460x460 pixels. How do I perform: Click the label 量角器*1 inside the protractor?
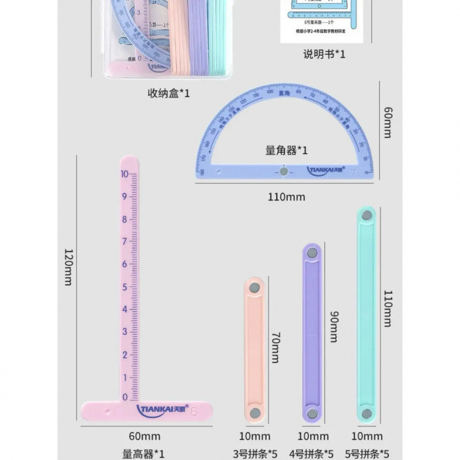pos(286,151)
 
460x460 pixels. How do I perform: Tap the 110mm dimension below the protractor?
pos(286,197)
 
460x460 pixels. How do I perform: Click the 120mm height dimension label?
pos(68,268)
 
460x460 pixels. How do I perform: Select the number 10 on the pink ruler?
pos(125,174)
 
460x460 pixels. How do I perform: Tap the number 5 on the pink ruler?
pos(125,286)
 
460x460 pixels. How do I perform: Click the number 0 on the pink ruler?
pos(125,397)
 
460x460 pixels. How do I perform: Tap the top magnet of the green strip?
pos(366,214)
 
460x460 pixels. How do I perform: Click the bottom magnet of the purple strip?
pos(312,413)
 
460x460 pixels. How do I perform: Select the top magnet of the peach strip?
pos(254,286)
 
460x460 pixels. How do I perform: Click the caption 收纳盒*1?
pos(168,93)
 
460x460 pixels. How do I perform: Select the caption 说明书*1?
pos(324,55)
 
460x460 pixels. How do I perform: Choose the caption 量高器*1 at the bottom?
pos(144,453)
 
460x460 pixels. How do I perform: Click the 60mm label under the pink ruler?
pos(144,437)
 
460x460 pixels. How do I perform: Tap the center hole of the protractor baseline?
pos(283,171)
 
